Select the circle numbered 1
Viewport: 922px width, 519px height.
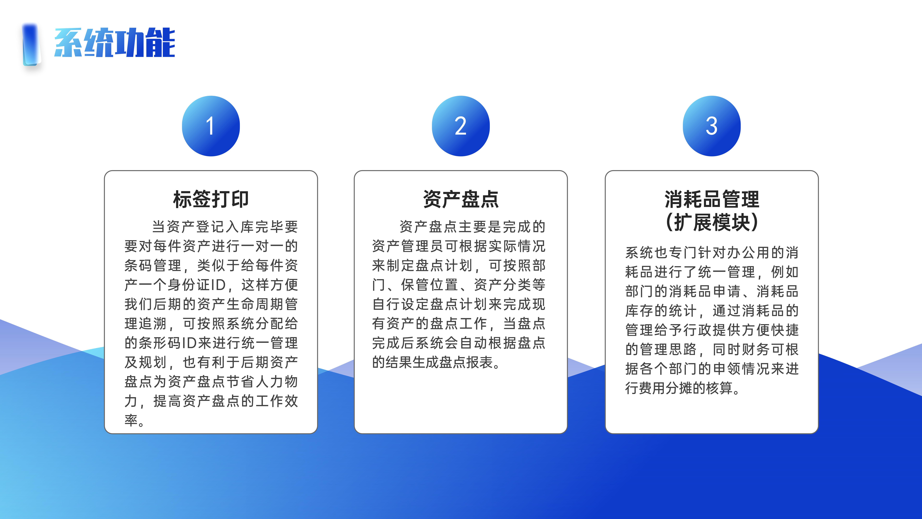click(211, 126)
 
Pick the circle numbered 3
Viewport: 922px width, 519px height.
click(712, 126)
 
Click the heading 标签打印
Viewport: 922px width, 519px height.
click(211, 199)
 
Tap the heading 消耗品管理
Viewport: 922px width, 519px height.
click(712, 199)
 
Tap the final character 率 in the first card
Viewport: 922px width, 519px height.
click(131, 420)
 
